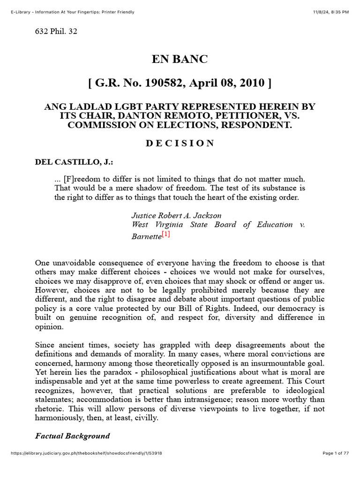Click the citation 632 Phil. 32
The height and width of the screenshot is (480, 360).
(x=56, y=32)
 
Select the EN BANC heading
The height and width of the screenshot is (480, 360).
(x=179, y=60)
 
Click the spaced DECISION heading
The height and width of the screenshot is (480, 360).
(x=180, y=143)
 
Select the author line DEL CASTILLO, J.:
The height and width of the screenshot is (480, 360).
(x=74, y=162)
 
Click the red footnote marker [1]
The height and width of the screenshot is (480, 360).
(x=165, y=235)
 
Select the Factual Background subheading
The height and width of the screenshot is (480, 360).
(x=73, y=436)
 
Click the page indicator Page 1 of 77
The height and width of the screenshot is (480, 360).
(x=336, y=453)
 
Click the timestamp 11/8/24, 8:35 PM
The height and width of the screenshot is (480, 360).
(x=331, y=12)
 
